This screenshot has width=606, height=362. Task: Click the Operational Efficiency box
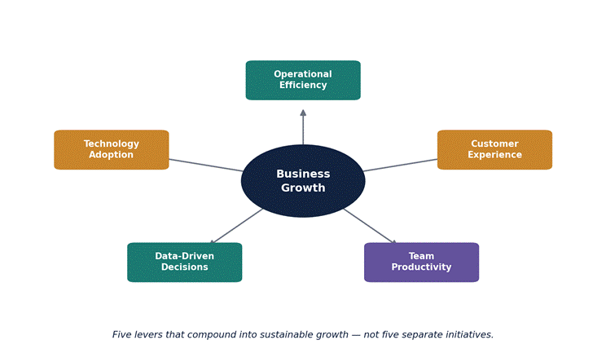click(x=303, y=80)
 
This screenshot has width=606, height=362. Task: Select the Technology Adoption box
click(x=112, y=150)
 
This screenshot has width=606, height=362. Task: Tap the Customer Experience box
click(x=494, y=150)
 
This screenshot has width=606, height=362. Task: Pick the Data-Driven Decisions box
click(x=185, y=263)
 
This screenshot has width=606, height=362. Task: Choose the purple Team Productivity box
click(x=421, y=263)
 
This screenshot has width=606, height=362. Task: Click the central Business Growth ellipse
click(x=303, y=181)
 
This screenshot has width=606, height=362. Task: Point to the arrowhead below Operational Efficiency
click(x=303, y=113)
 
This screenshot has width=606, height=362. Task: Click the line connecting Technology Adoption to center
click(x=206, y=165)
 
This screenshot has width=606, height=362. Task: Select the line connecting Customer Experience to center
click(x=400, y=165)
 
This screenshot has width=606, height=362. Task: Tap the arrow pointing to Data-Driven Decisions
click(x=236, y=227)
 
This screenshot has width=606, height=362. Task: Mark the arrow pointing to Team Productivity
click(x=370, y=227)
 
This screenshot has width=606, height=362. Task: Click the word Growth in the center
click(x=303, y=188)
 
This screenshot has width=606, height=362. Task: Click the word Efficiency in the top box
click(x=303, y=85)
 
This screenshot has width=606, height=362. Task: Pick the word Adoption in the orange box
click(x=112, y=155)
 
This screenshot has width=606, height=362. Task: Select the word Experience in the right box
click(x=494, y=155)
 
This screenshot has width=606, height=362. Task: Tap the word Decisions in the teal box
click(x=185, y=267)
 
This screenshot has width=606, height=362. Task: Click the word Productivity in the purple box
click(x=421, y=267)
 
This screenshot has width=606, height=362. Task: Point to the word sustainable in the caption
click(x=287, y=334)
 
